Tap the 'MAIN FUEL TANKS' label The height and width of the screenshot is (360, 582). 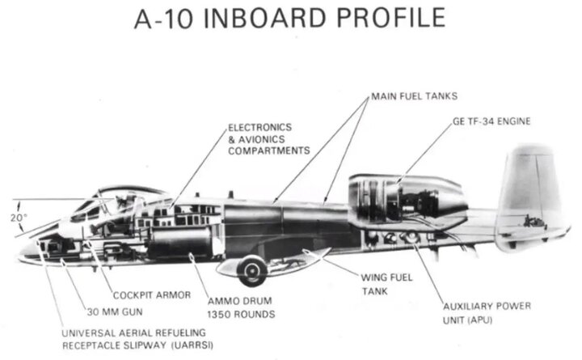pos(415,96)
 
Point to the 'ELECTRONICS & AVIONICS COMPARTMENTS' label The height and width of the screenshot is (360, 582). pos(269,139)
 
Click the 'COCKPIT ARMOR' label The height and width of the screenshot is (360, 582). pos(152,295)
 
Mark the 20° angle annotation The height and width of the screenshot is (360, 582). pos(19,217)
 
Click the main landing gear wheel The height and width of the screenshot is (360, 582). pos(253,268)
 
